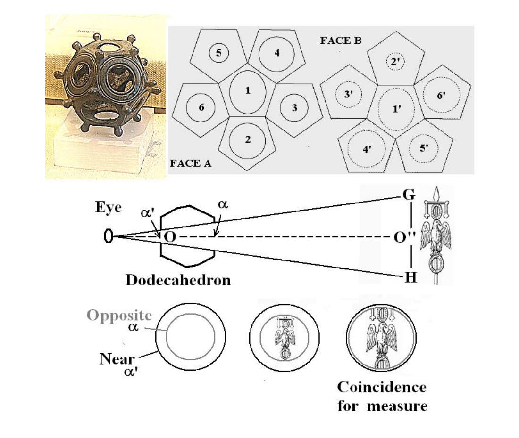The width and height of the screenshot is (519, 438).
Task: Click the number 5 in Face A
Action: coord(218,53)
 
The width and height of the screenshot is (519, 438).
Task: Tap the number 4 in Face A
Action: coord(277,53)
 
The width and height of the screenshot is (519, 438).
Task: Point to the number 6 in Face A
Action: coord(201,107)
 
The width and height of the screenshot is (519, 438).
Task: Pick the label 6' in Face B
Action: coord(441,95)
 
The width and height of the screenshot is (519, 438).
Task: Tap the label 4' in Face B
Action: coord(367,149)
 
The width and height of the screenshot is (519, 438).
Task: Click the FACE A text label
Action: coord(190,163)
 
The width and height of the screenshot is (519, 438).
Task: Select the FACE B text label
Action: coord(341,41)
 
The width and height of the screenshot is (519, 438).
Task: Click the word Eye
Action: coord(108,208)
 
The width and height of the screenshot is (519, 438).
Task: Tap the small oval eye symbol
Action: coord(108,236)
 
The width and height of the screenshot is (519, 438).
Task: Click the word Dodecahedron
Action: coord(178,280)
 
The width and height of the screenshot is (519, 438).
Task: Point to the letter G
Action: coord(409,195)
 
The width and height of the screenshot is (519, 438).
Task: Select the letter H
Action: coord(411,277)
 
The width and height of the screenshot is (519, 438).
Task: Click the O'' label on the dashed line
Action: coord(404,237)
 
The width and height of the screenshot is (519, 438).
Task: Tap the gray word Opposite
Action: coord(119,316)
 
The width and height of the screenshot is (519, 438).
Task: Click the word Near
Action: coord(117,359)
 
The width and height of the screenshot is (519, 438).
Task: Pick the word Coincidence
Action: coord(382,387)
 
